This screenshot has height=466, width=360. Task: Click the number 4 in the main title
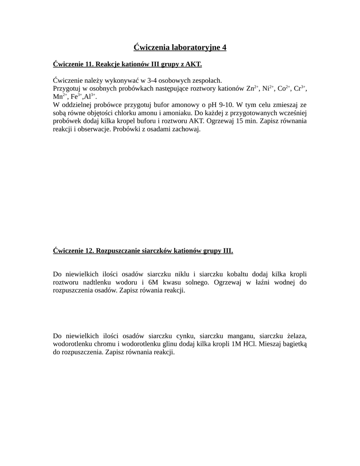pos(223,47)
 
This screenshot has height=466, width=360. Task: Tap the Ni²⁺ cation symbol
pos(268,88)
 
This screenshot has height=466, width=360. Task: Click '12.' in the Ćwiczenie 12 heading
pos(90,251)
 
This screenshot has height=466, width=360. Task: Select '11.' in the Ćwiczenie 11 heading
pos(90,64)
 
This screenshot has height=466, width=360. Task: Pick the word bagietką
pos(294,344)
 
